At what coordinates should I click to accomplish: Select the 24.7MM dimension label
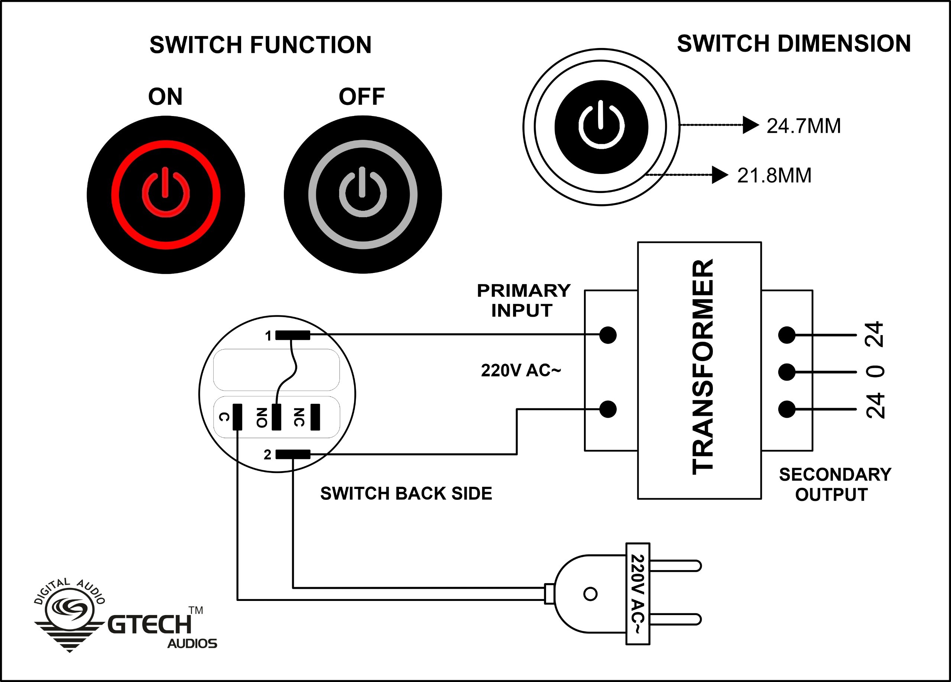pos(804,126)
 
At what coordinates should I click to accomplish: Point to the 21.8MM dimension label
pos(774,176)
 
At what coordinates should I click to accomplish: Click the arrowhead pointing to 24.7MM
pos(750,125)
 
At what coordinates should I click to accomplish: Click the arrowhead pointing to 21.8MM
pos(720,175)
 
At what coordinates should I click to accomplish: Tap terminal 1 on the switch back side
pos(293,335)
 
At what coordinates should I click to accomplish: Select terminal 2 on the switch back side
pos(293,454)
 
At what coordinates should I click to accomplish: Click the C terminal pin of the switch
pos(237,417)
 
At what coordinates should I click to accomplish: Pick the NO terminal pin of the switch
pos(276,417)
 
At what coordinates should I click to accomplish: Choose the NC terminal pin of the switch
pos(315,417)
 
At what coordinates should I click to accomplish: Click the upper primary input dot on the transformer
pos(608,335)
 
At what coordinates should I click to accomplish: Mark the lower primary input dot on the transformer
pos(608,409)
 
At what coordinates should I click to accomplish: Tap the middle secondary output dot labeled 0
pos(787,372)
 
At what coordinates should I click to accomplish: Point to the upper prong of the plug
pos(675,566)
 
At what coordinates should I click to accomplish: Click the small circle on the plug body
pos(590,594)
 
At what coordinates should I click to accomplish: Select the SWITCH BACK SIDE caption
pos(406,493)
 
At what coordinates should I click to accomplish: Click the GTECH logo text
pos(150,624)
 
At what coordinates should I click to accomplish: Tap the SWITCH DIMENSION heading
pos(794,44)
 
